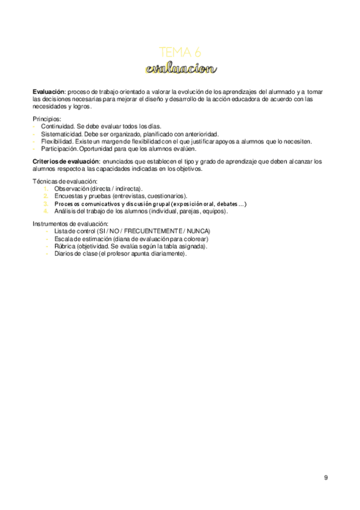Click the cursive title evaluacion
click(180, 68)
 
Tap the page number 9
click(326, 478)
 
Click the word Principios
click(47, 119)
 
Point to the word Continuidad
click(58, 126)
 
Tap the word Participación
click(59, 149)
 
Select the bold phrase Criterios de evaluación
click(66, 162)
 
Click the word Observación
click(71, 189)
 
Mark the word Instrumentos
click(52, 224)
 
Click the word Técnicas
click(45, 182)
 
